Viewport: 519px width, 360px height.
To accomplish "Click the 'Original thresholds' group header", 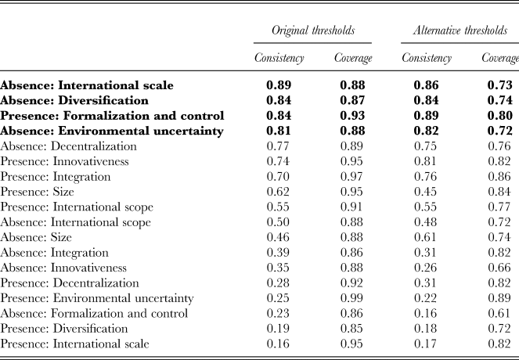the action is click(x=313, y=31).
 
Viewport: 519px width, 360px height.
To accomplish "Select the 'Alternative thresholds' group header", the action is click(x=460, y=31).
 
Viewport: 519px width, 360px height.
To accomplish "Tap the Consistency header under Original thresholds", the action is click(x=279, y=58).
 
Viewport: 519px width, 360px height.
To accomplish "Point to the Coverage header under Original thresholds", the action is click(x=353, y=58).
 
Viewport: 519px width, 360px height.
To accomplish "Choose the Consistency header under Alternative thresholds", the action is click(x=427, y=58).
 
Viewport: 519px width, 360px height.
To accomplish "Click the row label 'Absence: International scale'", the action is click(x=87, y=85).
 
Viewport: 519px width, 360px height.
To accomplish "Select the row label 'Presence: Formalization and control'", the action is click(x=112, y=116).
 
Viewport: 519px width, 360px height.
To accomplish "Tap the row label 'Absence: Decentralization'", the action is click(x=68, y=146).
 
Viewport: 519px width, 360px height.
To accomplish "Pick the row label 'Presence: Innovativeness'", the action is click(x=64, y=161).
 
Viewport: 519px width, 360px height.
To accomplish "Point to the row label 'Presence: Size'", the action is click(x=37, y=192).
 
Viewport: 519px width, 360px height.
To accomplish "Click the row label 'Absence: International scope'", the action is click(x=75, y=222).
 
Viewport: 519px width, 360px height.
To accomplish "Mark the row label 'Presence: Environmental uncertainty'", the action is click(x=96, y=298).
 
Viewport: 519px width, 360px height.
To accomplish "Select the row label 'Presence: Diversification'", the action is click(x=64, y=329).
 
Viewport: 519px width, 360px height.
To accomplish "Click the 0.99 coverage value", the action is click(x=351, y=298).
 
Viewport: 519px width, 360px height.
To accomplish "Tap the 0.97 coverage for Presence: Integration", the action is click(x=351, y=177).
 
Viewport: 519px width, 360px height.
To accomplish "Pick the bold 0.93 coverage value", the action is click(x=352, y=116).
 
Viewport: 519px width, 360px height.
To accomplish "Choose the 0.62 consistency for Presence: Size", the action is click(x=278, y=192).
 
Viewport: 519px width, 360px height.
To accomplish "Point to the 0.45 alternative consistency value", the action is click(x=425, y=192).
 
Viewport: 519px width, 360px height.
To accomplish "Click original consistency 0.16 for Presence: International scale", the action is click(x=278, y=344).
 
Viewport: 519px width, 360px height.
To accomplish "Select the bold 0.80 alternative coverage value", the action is click(x=499, y=116).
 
